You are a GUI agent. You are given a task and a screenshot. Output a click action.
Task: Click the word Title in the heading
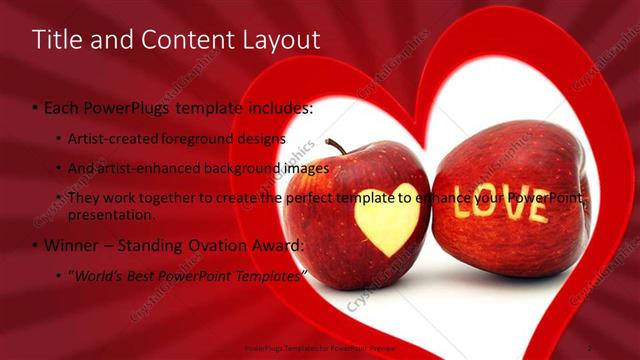pyautogui.click(x=54, y=40)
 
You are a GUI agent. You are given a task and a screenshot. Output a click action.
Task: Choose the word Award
pyautogui.click(x=277, y=245)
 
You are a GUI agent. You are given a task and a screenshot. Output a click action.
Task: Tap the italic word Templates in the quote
pyautogui.click(x=268, y=275)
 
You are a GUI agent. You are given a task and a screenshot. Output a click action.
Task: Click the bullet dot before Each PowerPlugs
pyautogui.click(x=36, y=107)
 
